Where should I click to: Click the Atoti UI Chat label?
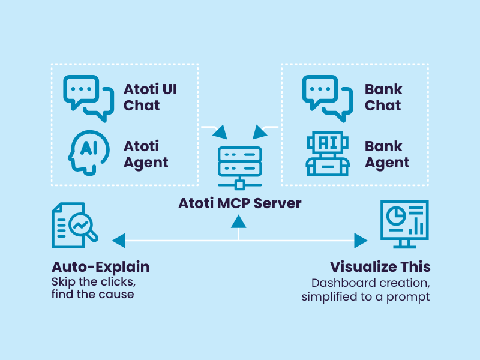150,97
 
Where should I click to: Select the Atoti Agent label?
146,154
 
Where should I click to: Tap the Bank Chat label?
383,97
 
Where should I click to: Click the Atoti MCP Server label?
239,203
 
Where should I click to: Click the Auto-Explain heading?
100,266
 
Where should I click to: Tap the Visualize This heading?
380,266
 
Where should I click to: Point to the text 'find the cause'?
92,294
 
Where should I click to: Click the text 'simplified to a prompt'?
365,296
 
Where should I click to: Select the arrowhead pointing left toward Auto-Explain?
118,241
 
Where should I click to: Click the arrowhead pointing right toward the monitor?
361,241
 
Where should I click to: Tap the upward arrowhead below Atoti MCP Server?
239,222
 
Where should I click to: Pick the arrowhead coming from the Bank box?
261,131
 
